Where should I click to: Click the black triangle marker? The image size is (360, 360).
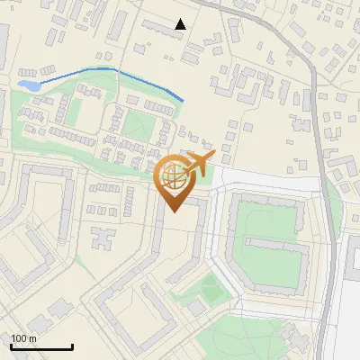pyautogui.click(x=181, y=24)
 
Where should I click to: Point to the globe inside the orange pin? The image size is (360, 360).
pyautogui.click(x=175, y=179)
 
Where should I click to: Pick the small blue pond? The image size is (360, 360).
pyautogui.click(x=28, y=85)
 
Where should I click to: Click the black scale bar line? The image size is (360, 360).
pyautogui.click(x=41, y=347)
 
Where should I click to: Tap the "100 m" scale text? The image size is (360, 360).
pyautogui.click(x=23, y=338)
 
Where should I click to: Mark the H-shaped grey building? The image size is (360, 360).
pyautogui.click(x=102, y=239)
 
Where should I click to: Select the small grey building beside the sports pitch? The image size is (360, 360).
pyautogui.click(x=196, y=308)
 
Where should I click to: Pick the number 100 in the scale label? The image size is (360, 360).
pyautogui.click(x=19, y=338)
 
